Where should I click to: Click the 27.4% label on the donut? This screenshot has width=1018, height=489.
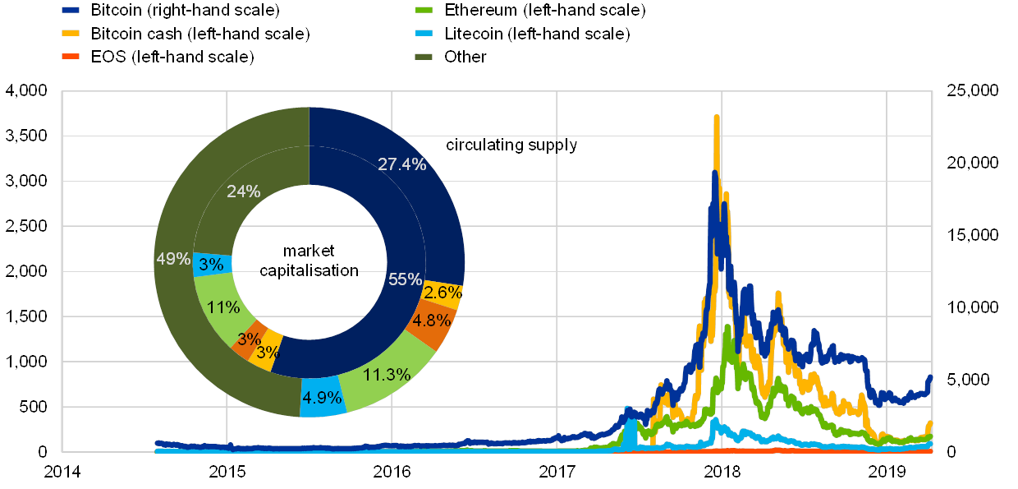coord(401,164)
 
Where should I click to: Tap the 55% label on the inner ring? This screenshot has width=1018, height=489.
coord(405,279)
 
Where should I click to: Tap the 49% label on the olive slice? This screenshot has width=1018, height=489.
coord(172,260)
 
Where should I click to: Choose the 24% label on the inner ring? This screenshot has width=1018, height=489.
coord(244,191)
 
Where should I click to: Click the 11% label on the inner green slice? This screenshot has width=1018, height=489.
coord(223,308)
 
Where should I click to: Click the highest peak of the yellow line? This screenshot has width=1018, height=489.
coord(717,117)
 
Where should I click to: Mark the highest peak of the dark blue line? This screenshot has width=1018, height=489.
coord(715,173)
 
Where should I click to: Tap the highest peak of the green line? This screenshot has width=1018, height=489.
coord(727,327)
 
